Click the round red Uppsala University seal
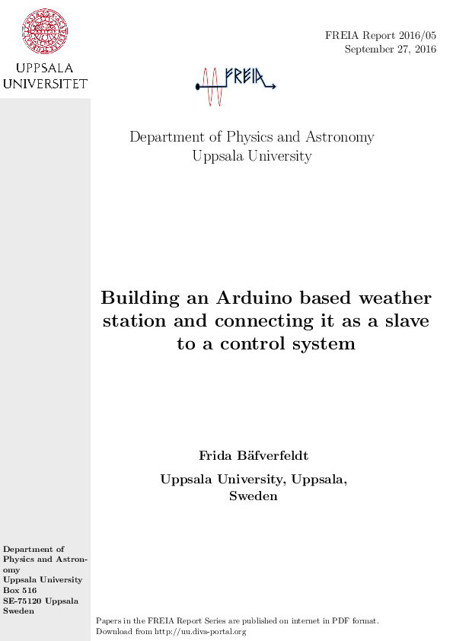pyautogui.click(x=45, y=31)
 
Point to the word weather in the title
pyautogui.click(x=394, y=297)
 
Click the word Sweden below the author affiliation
pyautogui.click(x=254, y=496)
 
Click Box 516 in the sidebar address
pyautogui.click(x=20, y=590)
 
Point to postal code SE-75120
pyautogui.click(x=23, y=601)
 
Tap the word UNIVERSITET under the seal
pyautogui.click(x=45, y=83)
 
